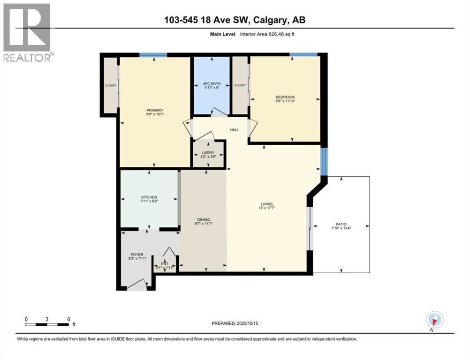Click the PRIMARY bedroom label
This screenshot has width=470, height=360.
[x=154, y=111]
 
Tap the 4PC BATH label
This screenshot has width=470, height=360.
[x=212, y=84]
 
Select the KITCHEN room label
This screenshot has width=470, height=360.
[x=149, y=197]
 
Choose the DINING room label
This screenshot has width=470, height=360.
[x=203, y=219]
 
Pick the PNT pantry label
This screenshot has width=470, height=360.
[x=165, y=263]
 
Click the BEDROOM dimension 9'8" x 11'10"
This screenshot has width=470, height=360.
[x=285, y=101]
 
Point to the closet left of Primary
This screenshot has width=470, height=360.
[x=110, y=85]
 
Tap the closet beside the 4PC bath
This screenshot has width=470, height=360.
[x=240, y=85]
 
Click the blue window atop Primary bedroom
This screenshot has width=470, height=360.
[x=153, y=55]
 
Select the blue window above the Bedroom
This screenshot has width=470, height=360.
[x=303, y=55]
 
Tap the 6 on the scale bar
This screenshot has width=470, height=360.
[x=68, y=318]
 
